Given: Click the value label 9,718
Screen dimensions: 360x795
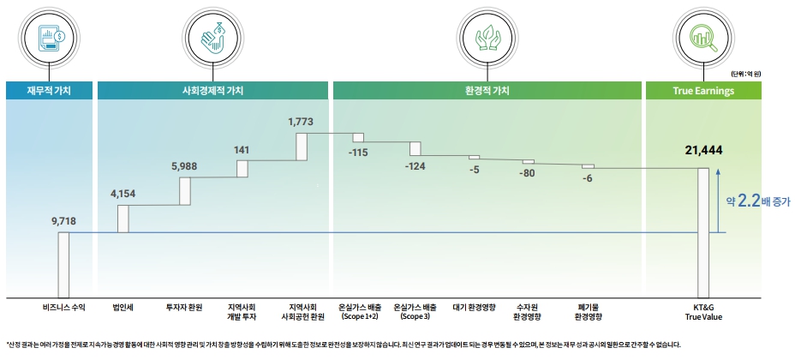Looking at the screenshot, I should (64, 221).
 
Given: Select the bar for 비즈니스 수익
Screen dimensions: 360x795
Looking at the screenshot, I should (64, 263).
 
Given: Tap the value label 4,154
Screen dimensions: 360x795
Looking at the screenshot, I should (123, 195).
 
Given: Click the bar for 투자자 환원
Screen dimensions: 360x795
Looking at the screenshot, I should (184, 191).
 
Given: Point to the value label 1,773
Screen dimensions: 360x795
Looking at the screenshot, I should (302, 122).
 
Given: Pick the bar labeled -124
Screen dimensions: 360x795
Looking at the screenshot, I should (415, 148).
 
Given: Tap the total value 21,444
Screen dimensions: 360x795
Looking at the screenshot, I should (703, 150).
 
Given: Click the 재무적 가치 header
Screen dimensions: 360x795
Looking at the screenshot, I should (49, 90).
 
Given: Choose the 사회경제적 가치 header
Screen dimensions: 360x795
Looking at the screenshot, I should (212, 90).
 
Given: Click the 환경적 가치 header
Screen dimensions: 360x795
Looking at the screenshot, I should (487, 90).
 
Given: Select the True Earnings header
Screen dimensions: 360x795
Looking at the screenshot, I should (702, 90).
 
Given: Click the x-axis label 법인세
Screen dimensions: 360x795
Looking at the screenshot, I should (123, 306).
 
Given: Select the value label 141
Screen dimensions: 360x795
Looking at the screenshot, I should (242, 150).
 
